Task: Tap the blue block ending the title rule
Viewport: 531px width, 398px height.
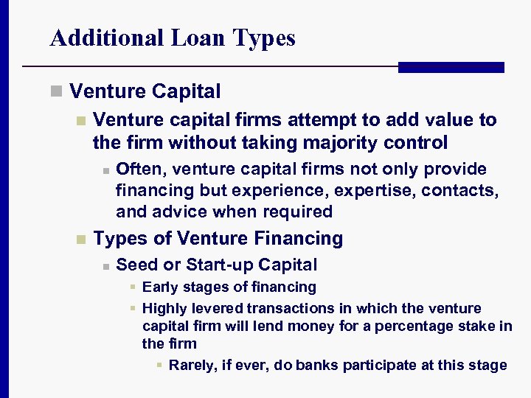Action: point(451,67)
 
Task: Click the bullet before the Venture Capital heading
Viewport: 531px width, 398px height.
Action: point(55,92)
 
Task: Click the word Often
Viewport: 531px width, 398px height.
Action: point(140,170)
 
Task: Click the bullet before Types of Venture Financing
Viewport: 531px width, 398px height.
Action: point(80,240)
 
